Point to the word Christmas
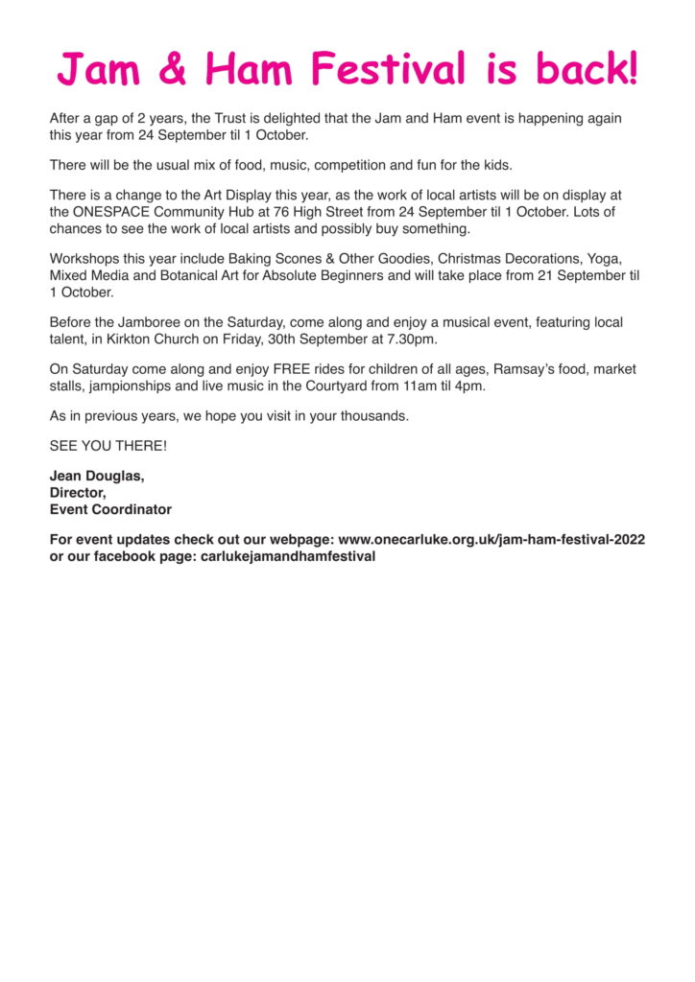(473, 258)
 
